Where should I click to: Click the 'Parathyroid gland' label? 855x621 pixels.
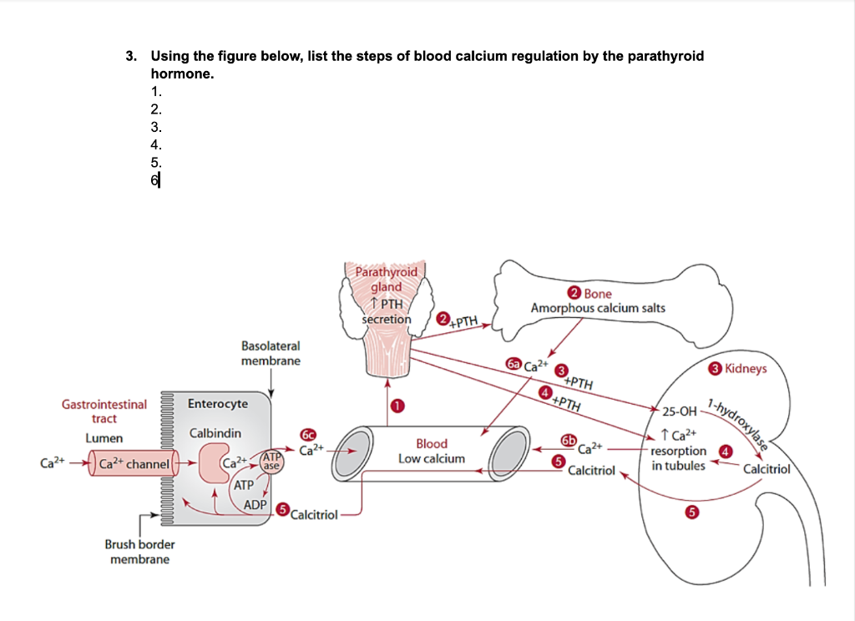386,280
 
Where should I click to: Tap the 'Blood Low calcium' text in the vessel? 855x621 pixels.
431,451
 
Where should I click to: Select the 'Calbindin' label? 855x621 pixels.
215,433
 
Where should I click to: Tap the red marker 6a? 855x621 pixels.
514,364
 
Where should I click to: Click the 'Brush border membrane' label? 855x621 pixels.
139,551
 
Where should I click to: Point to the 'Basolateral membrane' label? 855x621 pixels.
271,353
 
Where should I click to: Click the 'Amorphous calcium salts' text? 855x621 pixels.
598,308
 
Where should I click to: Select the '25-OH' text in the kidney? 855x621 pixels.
678,411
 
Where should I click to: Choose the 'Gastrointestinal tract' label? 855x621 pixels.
104,411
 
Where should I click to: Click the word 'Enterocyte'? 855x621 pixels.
217,404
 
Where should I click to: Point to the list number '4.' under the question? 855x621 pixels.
155,145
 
